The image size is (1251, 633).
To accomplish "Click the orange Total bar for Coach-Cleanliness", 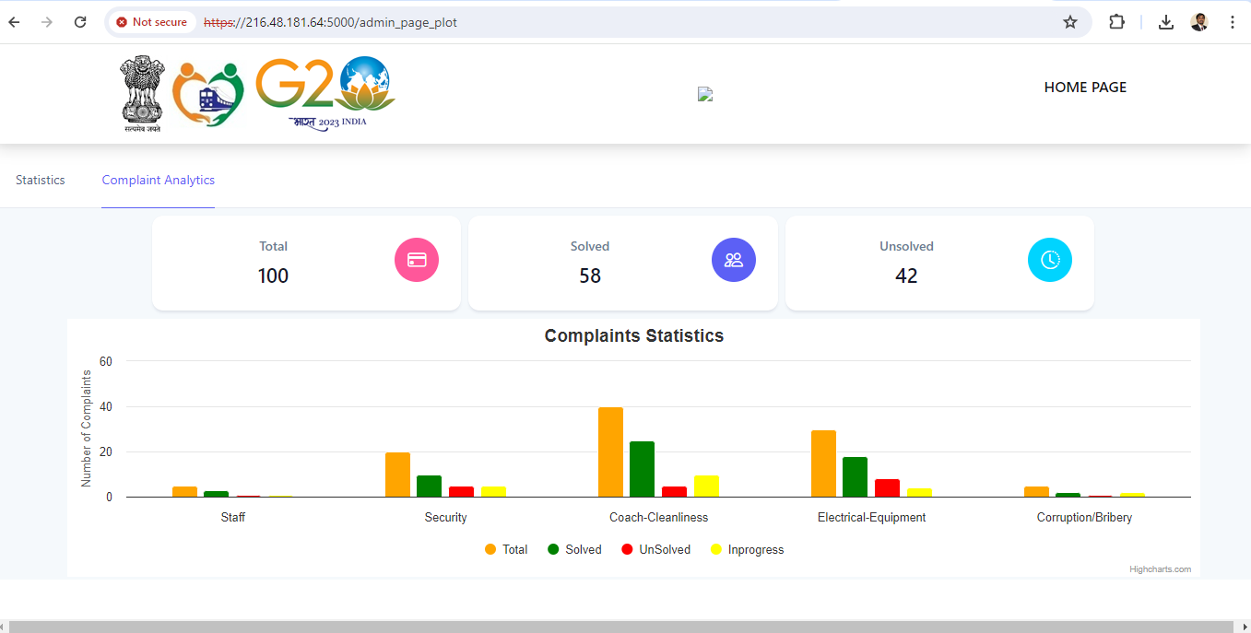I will coord(610,452).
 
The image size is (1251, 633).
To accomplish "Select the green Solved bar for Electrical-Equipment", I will coord(855,477).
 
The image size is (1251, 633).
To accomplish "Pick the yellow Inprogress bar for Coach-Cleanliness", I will coord(706,486).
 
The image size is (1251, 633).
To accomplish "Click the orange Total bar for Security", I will coord(397,475).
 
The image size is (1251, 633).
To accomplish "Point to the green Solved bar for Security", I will coord(429,486).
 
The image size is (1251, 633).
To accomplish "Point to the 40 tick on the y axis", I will coord(105,406).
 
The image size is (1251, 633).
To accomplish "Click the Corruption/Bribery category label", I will coord(1084,518).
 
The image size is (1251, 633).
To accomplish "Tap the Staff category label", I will coord(233,518).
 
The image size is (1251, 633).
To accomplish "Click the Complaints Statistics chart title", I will coord(633,336).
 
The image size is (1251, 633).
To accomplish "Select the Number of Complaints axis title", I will coord(87,428).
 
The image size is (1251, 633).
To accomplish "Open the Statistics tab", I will coord(41,181).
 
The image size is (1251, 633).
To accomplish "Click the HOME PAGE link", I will coord(1085,88).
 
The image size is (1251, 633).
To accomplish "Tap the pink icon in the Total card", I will coord(417,260).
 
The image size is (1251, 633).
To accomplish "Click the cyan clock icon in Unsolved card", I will coord(1050,260).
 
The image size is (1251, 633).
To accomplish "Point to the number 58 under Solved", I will coord(590,275).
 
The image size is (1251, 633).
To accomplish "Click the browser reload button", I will coord(80,22).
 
